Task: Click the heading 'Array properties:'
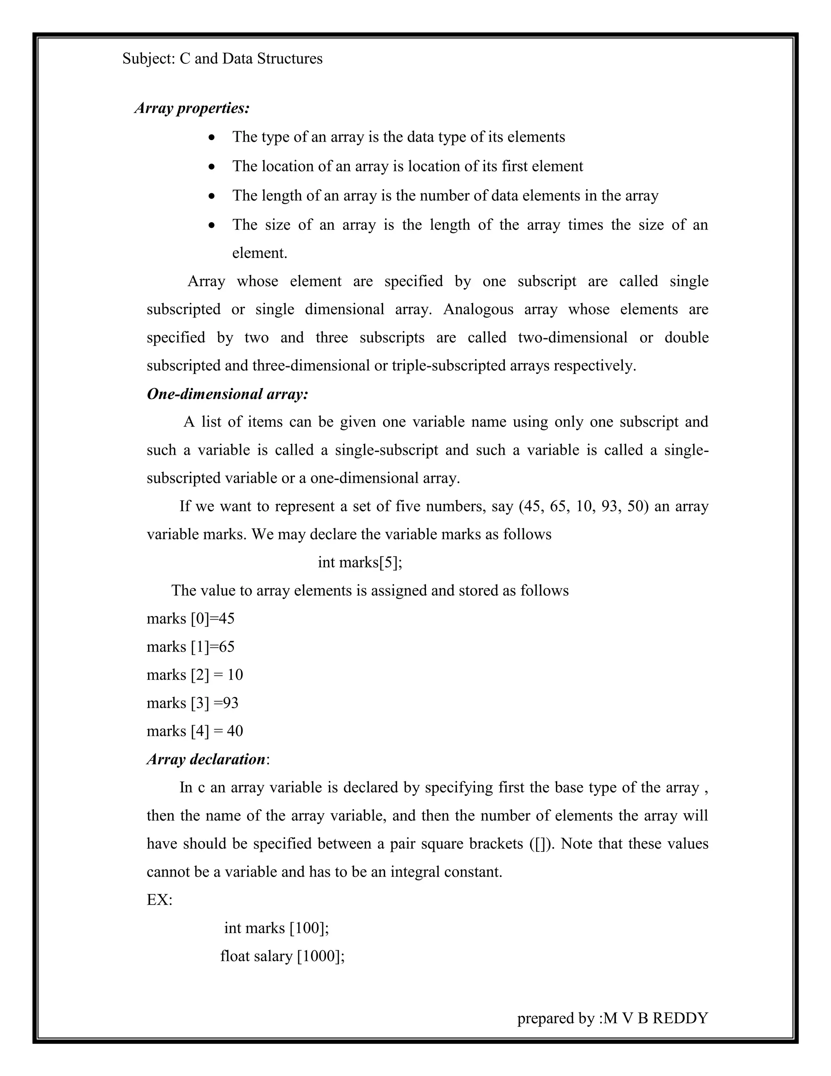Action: pos(192,108)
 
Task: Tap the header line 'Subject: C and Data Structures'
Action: pos(222,58)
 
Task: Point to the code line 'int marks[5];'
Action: pos(360,562)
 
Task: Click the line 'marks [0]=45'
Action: pos(191,618)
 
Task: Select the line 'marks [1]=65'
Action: pos(191,646)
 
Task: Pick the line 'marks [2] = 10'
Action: pos(194,674)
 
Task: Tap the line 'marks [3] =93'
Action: pos(192,702)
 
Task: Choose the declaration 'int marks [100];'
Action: pos(276,928)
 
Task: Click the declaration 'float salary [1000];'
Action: pos(282,956)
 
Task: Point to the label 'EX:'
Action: pos(159,900)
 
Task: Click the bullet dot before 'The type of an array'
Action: pos(212,138)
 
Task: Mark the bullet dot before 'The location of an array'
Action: pos(212,167)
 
